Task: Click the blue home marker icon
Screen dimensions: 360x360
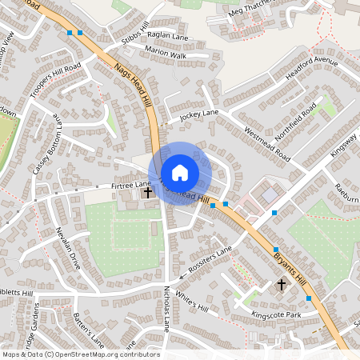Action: (180, 173)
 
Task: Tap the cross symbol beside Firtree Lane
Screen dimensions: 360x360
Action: (147, 192)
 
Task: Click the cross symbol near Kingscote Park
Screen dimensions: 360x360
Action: (282, 284)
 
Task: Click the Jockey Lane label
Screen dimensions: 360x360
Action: (198, 114)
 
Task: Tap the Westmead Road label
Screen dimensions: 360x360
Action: (266, 144)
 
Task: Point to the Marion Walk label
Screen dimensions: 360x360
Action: (166, 55)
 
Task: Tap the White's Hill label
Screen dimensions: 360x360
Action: (192, 304)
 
